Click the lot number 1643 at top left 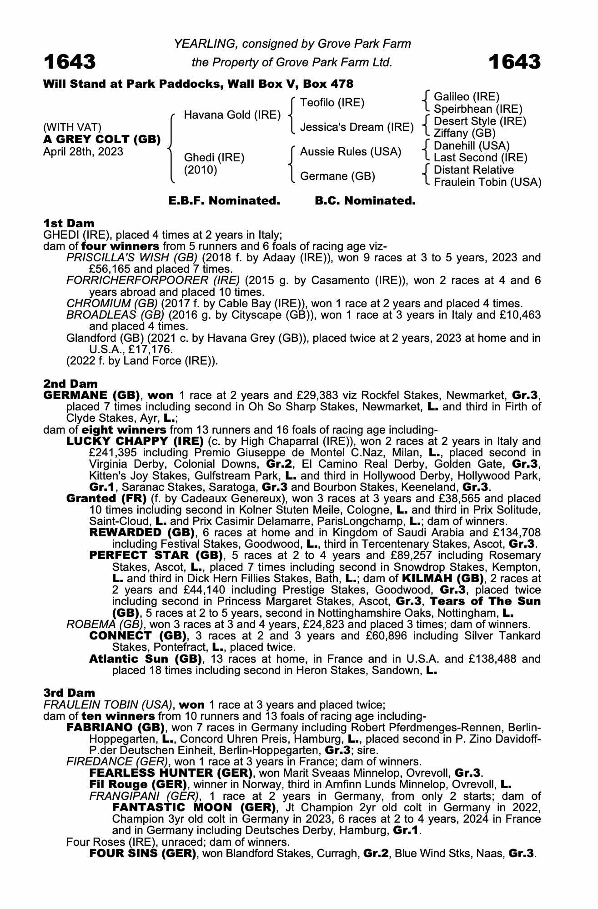coord(70,62)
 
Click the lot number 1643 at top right coord(514,62)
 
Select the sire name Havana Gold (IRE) coord(232,115)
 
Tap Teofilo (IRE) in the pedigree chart coord(332,103)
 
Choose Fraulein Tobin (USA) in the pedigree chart coord(487,182)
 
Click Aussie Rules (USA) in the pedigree coord(350,152)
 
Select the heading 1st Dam coord(69,223)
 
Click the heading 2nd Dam coord(70,384)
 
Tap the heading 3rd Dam coord(69,693)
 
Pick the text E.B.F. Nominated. coord(224,201)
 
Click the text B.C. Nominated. coord(365,201)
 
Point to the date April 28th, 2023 coord(83,152)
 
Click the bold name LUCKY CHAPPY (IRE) coord(135,441)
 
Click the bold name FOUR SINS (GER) coord(143,854)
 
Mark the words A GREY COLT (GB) coord(102,140)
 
